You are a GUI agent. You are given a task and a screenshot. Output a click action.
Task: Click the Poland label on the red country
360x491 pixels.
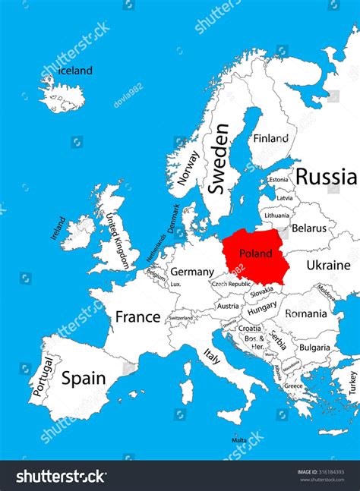254,253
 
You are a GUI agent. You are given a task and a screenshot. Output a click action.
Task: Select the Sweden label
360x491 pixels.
219,158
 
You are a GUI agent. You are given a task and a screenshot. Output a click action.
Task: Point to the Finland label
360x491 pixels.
271,139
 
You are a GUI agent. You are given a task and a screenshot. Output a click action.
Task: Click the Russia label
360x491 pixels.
326,177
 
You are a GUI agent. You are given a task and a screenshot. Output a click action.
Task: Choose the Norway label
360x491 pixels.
188,168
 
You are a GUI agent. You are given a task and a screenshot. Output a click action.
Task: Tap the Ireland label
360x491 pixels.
58,228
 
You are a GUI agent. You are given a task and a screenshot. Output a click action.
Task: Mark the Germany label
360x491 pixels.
191,272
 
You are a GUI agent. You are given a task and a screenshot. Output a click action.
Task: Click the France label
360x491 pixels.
137,316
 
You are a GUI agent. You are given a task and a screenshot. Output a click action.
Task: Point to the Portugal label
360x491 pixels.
42,377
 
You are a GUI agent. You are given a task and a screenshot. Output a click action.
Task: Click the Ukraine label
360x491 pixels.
328,265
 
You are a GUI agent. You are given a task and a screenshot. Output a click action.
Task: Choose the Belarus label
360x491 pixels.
308,228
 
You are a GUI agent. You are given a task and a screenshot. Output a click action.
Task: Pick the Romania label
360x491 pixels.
305,313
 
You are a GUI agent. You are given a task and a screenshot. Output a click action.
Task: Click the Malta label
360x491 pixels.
238,439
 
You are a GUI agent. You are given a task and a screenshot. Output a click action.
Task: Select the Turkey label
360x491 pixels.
352,382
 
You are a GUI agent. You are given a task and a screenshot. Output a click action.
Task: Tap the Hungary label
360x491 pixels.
262,308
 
